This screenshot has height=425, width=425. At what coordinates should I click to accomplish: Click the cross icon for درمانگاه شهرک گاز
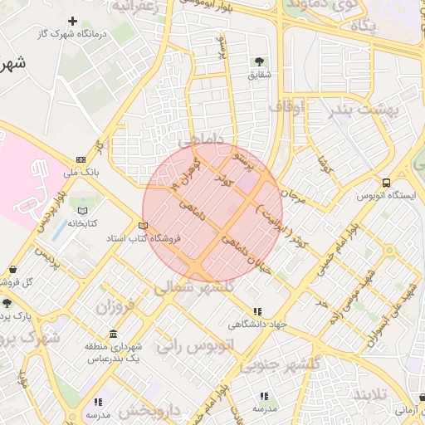pos(72,21)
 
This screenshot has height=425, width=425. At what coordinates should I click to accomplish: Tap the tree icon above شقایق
pos(259,61)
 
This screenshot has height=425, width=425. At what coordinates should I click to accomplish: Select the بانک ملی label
pos(81,173)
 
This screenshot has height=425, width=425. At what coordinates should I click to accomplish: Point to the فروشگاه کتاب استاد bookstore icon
pos(143,226)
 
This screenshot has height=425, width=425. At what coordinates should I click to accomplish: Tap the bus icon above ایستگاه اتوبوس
pos(386,183)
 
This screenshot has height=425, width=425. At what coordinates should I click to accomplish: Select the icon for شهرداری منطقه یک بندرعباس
pos(113,333)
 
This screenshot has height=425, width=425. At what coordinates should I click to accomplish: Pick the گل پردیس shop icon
pos(13,270)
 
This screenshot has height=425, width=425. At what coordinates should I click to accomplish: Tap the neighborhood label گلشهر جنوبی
pos(279,364)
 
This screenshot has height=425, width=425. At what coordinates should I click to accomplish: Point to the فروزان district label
pos(115,306)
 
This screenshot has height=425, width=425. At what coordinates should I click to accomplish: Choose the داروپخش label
pos(149,410)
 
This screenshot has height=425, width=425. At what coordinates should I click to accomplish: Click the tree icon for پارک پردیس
pos(7,304)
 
